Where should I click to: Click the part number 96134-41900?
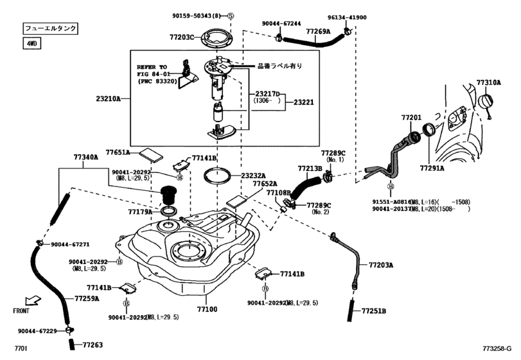[347, 18]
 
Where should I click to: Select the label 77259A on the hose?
[87, 298]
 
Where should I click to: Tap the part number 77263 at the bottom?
[93, 345]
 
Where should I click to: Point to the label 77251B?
[373, 310]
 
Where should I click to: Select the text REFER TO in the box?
[152, 66]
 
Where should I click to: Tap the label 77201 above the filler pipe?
[411, 118]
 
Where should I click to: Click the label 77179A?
[140, 211]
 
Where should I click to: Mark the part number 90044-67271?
[70, 244]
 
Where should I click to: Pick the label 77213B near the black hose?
[310, 168]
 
